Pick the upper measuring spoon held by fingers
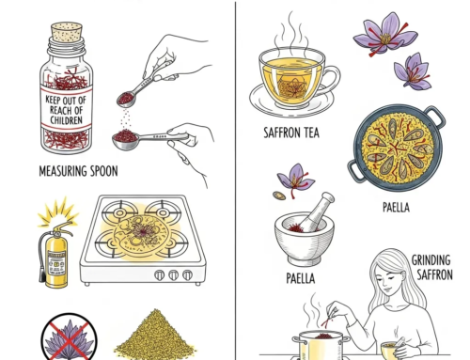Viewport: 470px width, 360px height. point(133,93)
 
